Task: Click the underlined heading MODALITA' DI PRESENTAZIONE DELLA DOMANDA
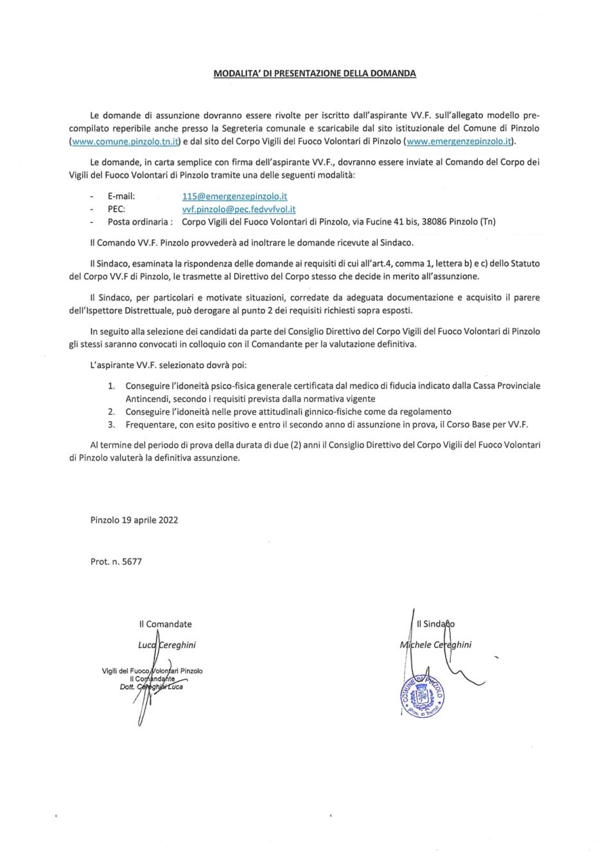tap(315, 73)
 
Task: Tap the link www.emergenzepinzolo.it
tap(459, 141)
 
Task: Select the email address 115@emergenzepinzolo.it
tap(234, 196)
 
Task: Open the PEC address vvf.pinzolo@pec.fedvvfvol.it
tap(239, 209)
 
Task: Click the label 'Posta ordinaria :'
tap(140, 222)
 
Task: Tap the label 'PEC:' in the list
tap(116, 209)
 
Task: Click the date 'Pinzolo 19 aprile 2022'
tap(134, 520)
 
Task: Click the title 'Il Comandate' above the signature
tap(165, 623)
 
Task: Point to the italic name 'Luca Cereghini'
tap(167, 645)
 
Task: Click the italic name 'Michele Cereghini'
tap(435, 645)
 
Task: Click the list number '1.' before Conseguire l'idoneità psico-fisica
tap(111, 386)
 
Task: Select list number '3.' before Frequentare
tap(111, 424)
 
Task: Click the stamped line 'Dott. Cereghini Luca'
tap(152, 687)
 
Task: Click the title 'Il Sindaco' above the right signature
tap(436, 623)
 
